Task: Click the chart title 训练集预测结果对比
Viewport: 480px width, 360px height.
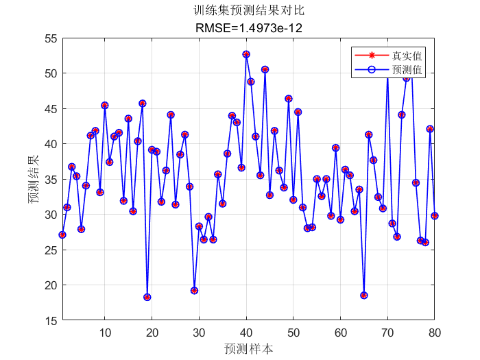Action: pyautogui.click(x=248, y=11)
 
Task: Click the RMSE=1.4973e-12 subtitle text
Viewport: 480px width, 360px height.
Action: pyautogui.click(x=248, y=28)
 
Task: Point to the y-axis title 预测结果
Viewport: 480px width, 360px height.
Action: pyautogui.click(x=34, y=179)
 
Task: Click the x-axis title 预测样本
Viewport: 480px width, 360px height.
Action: pyautogui.click(x=248, y=348)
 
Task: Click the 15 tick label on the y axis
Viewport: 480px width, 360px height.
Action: pyautogui.click(x=50, y=320)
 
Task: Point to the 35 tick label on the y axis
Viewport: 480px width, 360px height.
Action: pyautogui.click(x=50, y=179)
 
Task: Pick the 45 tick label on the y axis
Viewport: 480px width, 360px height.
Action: pyautogui.click(x=50, y=108)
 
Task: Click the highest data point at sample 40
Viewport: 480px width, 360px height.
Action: pyautogui.click(x=246, y=54)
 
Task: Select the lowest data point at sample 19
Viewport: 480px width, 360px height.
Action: pyautogui.click(x=147, y=297)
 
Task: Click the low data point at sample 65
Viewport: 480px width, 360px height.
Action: pyautogui.click(x=364, y=295)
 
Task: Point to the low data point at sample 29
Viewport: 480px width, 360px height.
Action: pyautogui.click(x=195, y=291)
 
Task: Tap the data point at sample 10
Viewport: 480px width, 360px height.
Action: pyautogui.click(x=105, y=106)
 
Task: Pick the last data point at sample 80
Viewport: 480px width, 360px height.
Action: pyautogui.click(x=435, y=215)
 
